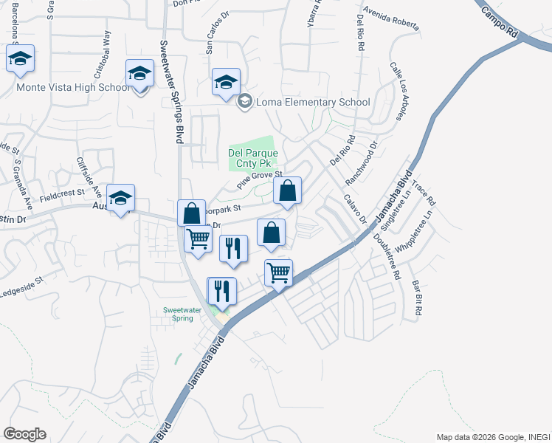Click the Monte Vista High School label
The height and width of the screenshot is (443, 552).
(x=73, y=87)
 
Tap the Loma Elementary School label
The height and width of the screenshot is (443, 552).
(x=313, y=103)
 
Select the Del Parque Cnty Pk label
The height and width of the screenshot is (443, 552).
(x=253, y=159)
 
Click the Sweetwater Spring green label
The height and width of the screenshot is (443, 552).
(x=178, y=314)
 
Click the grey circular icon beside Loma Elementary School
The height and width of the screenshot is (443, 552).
(x=245, y=102)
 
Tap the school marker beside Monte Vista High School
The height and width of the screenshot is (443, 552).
(x=139, y=74)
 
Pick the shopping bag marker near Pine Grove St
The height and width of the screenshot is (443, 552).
(x=287, y=190)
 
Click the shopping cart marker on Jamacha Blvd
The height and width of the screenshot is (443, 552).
(x=278, y=272)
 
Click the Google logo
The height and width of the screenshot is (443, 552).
(x=24, y=434)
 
